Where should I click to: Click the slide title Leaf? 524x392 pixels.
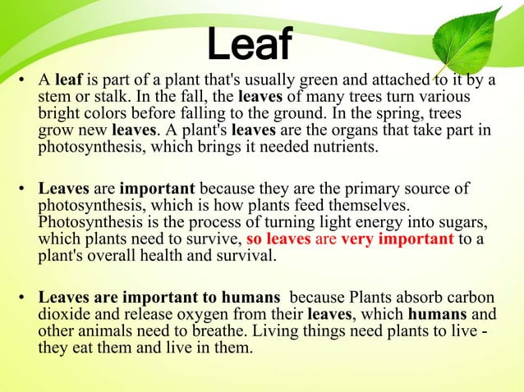click(249, 46)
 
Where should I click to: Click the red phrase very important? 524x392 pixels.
click(397, 239)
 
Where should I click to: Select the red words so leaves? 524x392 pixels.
click(278, 239)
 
